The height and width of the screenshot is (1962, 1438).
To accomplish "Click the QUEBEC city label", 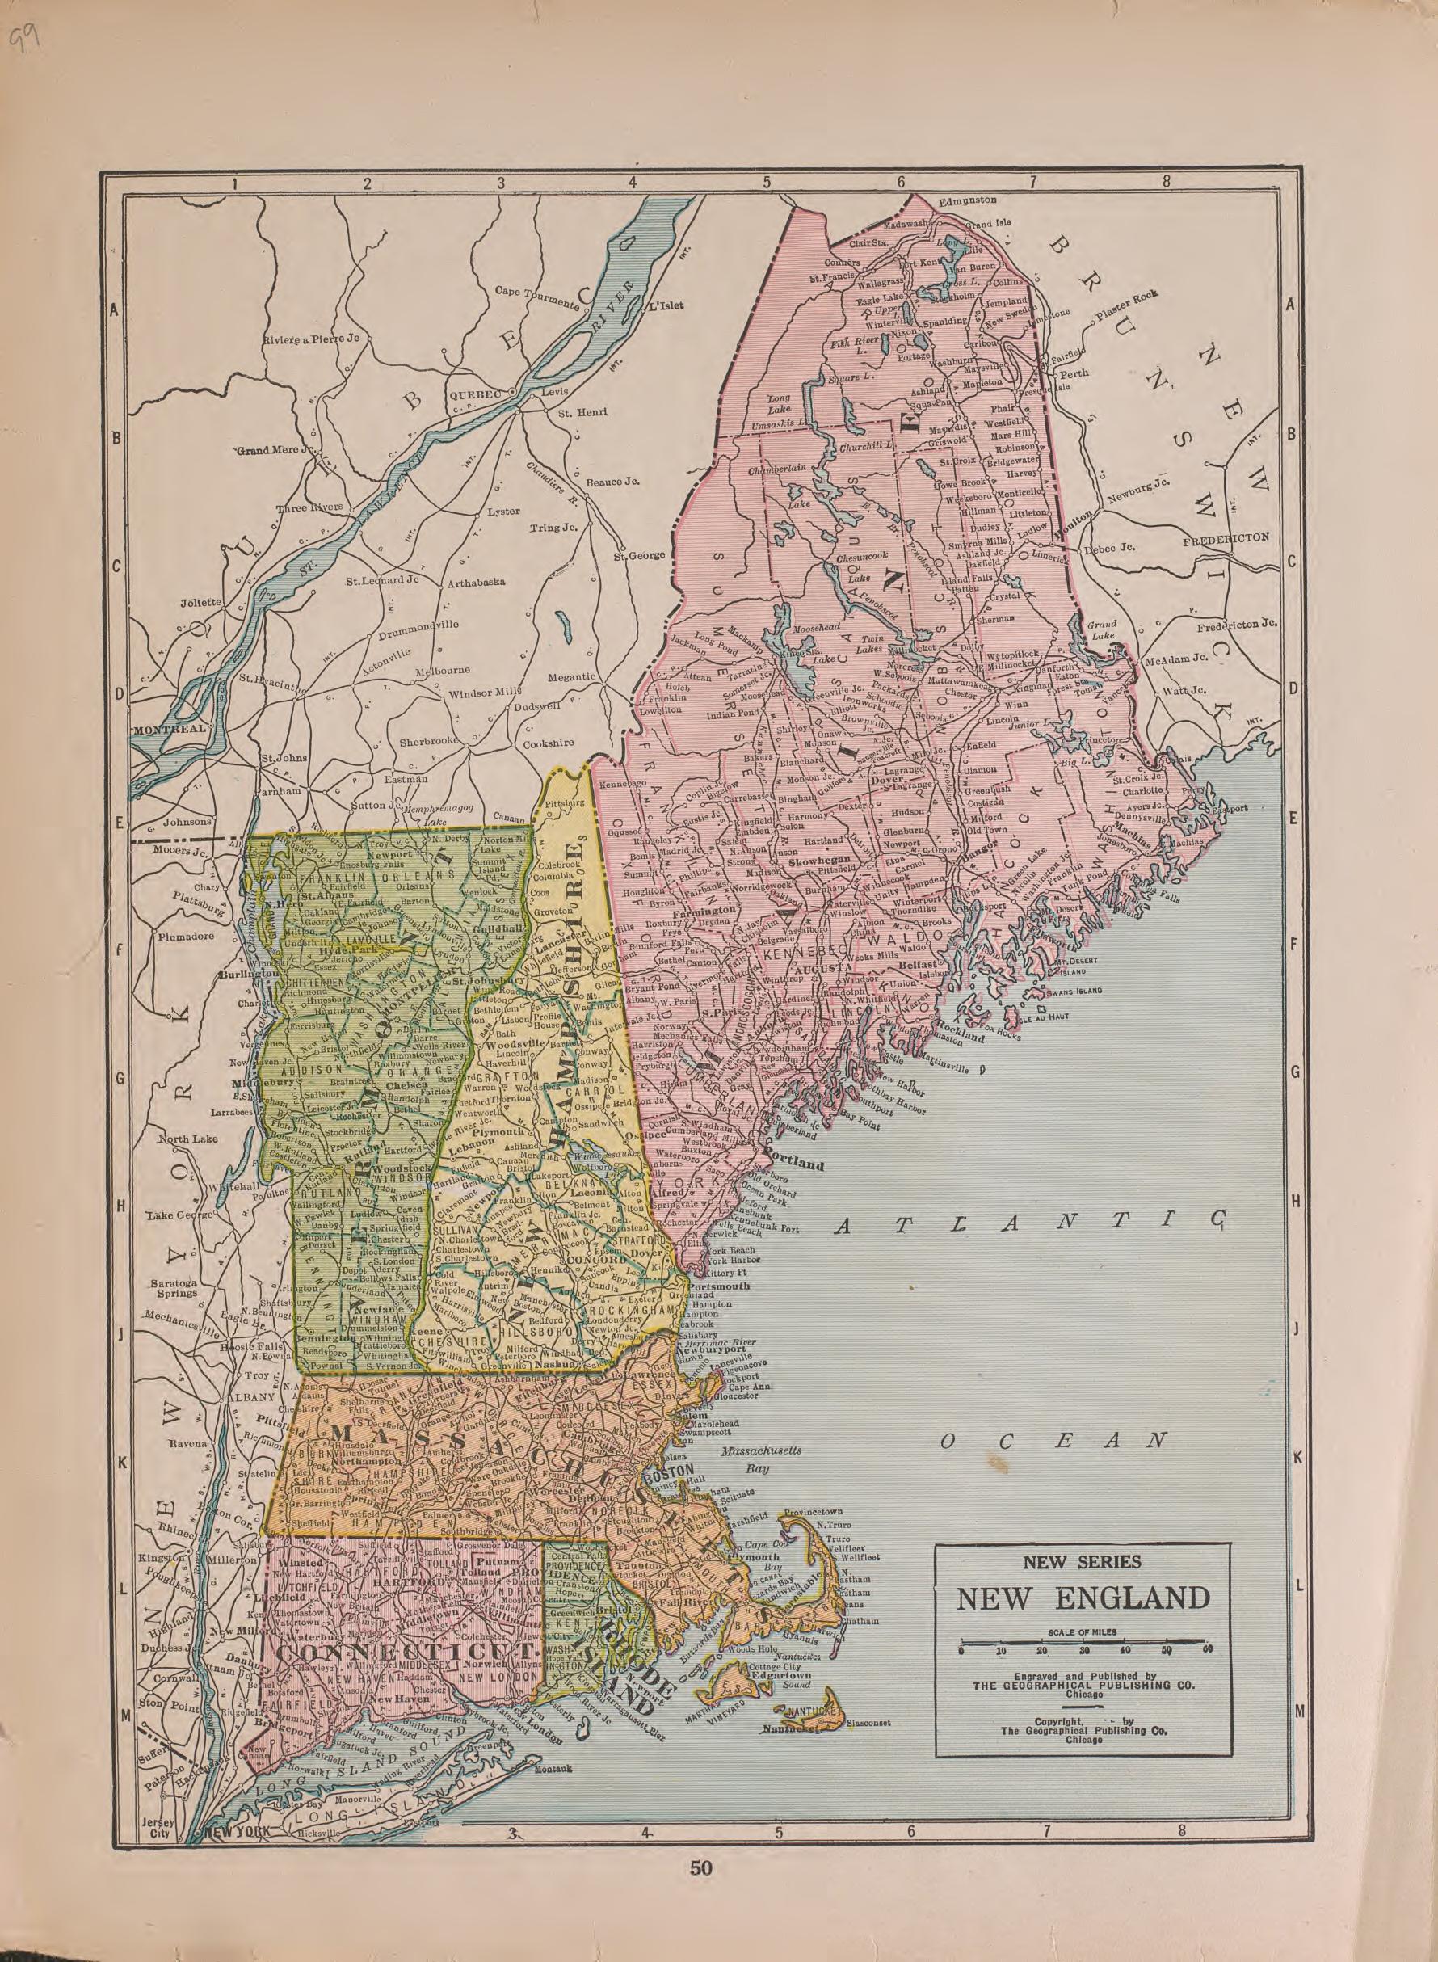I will click(x=475, y=394).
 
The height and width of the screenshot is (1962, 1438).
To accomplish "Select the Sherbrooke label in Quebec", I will click(x=428, y=743).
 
